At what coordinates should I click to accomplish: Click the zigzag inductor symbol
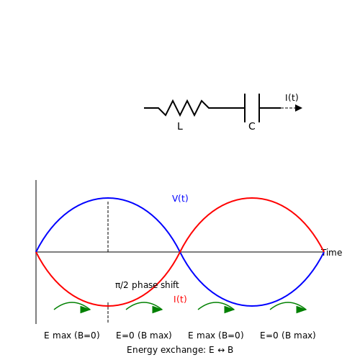(x=184, y=108)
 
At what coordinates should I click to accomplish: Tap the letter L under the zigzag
(x=180, y=126)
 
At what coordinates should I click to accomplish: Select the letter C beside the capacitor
(x=252, y=126)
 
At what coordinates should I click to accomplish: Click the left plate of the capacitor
(x=245, y=108)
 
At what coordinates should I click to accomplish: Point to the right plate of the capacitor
(x=259, y=108)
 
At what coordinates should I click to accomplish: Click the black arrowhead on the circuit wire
(x=299, y=108)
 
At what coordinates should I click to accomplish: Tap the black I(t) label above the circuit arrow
(x=292, y=98)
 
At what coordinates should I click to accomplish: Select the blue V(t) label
(x=180, y=199)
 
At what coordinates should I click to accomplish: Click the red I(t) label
(x=180, y=300)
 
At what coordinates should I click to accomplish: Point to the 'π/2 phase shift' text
(x=147, y=285)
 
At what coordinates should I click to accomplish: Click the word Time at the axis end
(x=332, y=253)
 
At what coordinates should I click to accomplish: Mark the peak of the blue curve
(x=108, y=198)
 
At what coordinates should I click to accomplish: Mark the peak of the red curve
(x=252, y=198)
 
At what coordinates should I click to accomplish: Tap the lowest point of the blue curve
(x=252, y=306)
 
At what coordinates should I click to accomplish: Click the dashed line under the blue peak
(x=108, y=227)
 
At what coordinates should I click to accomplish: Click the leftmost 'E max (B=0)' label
(x=72, y=336)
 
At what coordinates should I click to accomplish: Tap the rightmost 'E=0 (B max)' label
(x=288, y=336)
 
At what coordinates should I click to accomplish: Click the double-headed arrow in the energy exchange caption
(x=221, y=350)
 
